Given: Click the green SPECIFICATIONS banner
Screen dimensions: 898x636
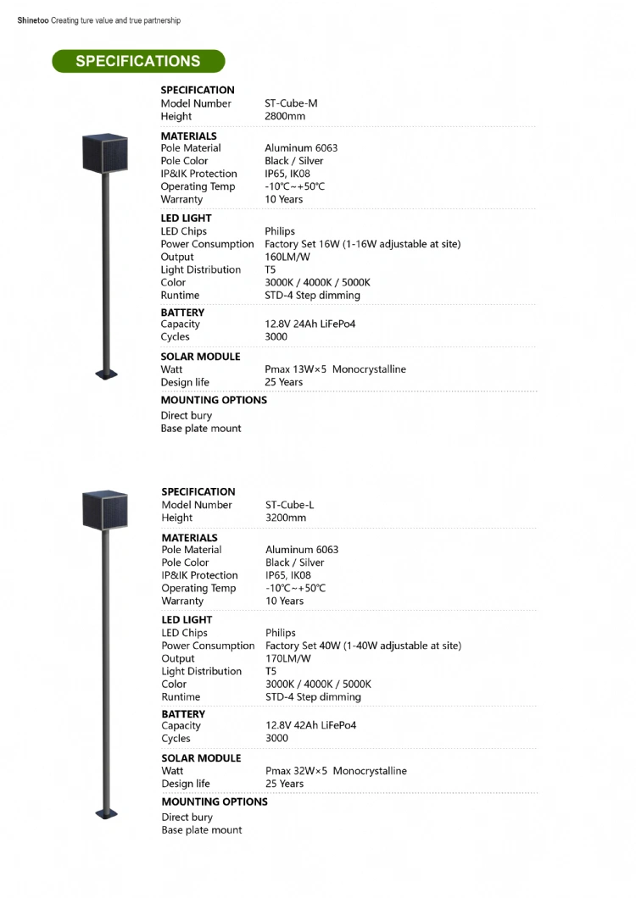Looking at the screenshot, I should (x=138, y=61).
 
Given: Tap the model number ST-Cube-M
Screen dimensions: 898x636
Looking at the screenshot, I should (x=291, y=103).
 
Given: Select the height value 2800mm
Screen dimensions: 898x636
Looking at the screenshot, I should (x=285, y=116).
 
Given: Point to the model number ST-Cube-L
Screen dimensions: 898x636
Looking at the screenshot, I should (x=289, y=505).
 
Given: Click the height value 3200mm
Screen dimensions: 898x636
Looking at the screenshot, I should (x=286, y=518).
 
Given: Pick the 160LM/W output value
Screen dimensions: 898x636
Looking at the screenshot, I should (x=287, y=257).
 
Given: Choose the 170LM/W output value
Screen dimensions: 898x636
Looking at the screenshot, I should (x=288, y=658).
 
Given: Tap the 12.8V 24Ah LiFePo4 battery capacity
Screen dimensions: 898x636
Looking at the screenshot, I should (x=310, y=324).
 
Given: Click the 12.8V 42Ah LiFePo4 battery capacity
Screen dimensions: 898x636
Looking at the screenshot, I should (x=310, y=725).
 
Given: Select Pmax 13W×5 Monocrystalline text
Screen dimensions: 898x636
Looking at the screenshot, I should (x=335, y=369).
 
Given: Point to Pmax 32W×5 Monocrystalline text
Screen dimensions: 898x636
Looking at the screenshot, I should (x=336, y=771).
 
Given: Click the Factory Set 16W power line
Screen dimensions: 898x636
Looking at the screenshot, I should (x=362, y=244).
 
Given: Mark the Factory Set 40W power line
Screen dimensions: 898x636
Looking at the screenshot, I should (x=363, y=646).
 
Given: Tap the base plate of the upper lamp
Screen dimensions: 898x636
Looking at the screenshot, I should (x=106, y=373).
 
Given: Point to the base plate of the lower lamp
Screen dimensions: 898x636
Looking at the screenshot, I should (x=106, y=813).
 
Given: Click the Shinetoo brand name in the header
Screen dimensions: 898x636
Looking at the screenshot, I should (x=32, y=20).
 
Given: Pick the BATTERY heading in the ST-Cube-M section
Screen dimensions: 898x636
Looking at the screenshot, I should (x=182, y=312).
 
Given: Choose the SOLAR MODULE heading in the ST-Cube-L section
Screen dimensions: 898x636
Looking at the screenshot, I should (x=201, y=758).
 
